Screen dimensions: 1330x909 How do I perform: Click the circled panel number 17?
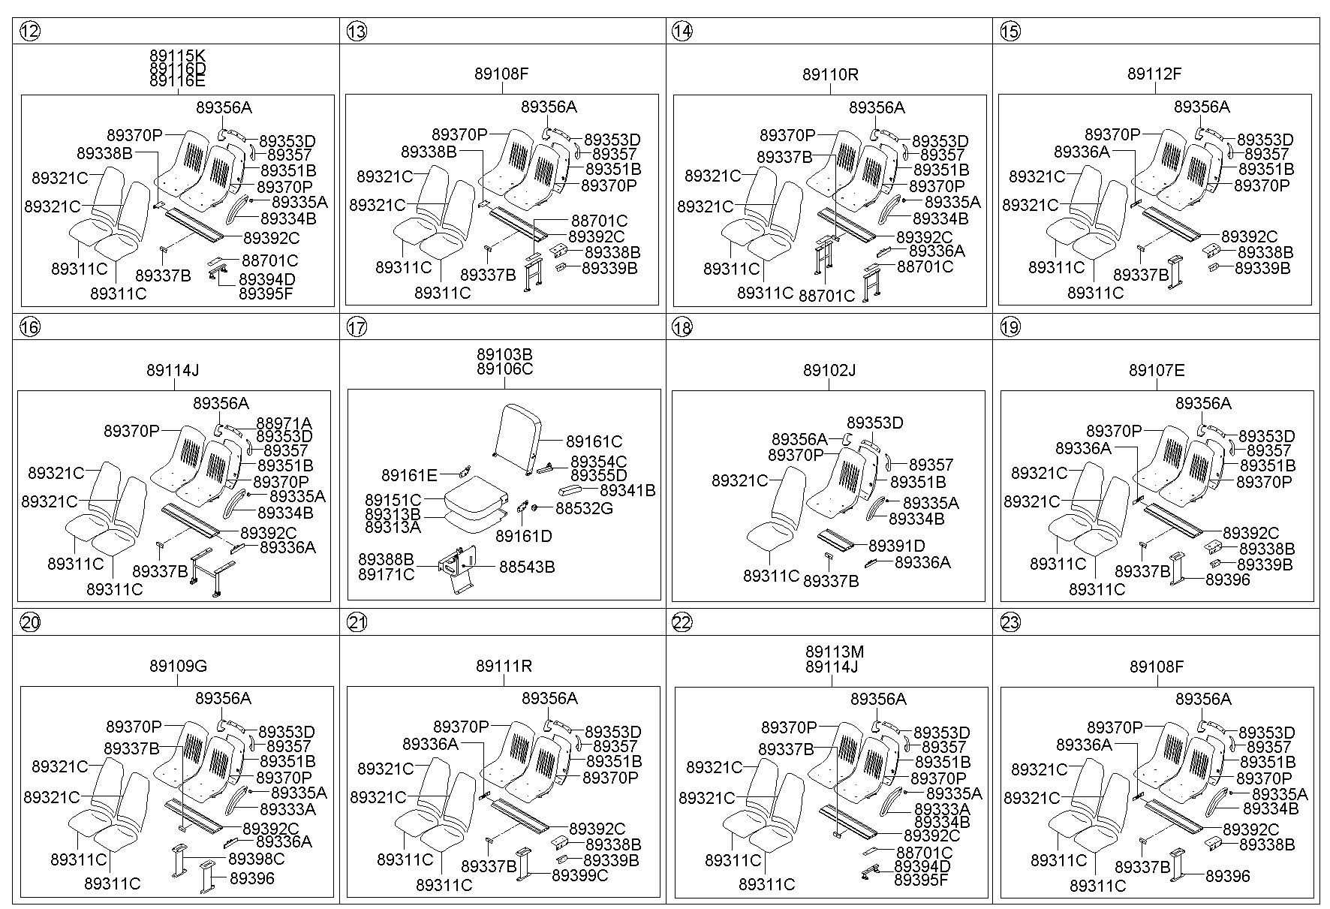point(357,327)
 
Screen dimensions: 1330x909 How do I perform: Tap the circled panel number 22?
point(682,622)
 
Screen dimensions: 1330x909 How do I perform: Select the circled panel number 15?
point(1010,31)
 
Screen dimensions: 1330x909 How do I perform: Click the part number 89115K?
point(177,56)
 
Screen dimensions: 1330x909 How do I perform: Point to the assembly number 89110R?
point(830,74)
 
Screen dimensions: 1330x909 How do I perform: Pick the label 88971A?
point(284,423)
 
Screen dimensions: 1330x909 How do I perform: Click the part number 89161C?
point(594,441)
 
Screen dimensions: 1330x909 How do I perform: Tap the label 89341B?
point(627,490)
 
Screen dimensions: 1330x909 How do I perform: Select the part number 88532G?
point(584,508)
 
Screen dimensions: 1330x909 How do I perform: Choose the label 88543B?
point(527,567)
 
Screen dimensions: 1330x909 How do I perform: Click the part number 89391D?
point(896,546)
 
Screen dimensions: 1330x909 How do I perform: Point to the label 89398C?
point(257,858)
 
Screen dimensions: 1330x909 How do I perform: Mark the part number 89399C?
point(579,874)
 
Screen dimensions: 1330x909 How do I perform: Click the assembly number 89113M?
point(835,652)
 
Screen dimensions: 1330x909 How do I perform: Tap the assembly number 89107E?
point(1157,370)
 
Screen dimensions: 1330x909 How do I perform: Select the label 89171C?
point(386,574)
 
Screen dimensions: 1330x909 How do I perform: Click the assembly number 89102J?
point(829,370)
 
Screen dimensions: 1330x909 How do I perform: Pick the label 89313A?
point(393,528)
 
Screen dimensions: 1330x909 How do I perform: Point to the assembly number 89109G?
point(178,666)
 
